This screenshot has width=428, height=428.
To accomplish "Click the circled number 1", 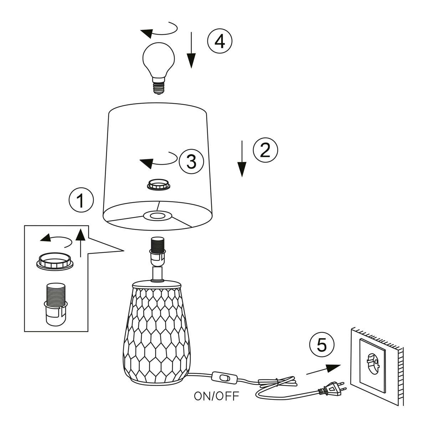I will (x=81, y=200).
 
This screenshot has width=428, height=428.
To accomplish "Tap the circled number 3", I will (x=191, y=162).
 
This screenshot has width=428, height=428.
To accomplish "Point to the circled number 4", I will (x=220, y=41).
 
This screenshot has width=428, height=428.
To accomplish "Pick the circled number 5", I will (x=322, y=345).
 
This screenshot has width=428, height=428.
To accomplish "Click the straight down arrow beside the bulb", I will (x=191, y=50).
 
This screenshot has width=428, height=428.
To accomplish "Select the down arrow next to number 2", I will (x=242, y=159).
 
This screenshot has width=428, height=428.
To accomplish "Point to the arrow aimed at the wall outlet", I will (x=323, y=370).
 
